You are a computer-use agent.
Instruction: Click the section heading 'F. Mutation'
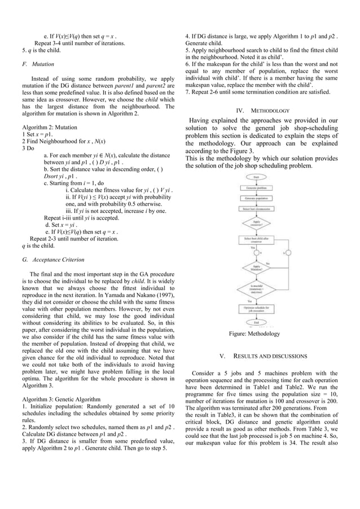pos(38,64)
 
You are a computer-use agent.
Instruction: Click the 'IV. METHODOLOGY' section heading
pos(263,111)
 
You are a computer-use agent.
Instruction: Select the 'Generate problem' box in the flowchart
pos(256,188)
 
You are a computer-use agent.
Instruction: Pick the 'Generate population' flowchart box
pos(256,199)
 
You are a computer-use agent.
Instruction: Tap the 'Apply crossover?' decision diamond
pos(256,223)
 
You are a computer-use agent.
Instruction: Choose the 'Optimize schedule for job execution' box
pos(256,309)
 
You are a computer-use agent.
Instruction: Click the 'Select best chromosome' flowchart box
pos(256,209)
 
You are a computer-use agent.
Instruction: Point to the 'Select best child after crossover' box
pos(256,240)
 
